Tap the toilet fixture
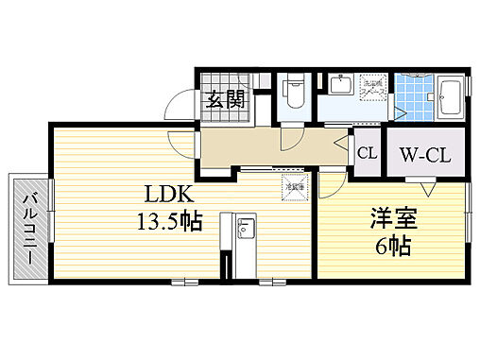coord(293,94)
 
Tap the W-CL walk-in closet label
coord(422,153)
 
